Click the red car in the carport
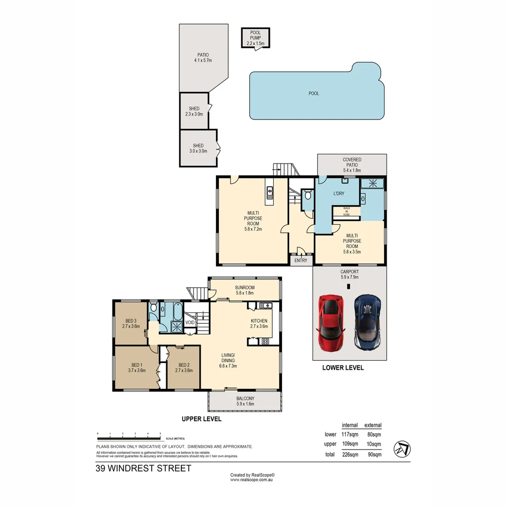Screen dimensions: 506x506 tap(333, 322)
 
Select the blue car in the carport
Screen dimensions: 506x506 tap(368, 322)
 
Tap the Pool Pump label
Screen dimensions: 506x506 tap(255, 38)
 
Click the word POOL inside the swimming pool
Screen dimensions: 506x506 tap(314, 94)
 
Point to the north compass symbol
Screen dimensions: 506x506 tap(403, 448)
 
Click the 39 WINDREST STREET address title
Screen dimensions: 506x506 tap(143, 468)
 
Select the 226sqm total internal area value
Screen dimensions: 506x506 tap(350, 454)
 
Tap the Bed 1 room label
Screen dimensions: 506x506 tap(137, 367)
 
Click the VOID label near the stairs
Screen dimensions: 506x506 tap(190, 323)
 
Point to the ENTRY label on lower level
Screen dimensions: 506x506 tap(301, 260)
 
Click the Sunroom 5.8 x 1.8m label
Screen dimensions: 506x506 tap(244, 290)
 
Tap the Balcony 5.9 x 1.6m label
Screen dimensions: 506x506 tap(245, 401)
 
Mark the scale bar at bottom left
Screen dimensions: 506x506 tap(129, 439)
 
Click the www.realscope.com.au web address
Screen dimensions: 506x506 tap(252, 480)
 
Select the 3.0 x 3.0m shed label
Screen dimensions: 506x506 tap(198, 148)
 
